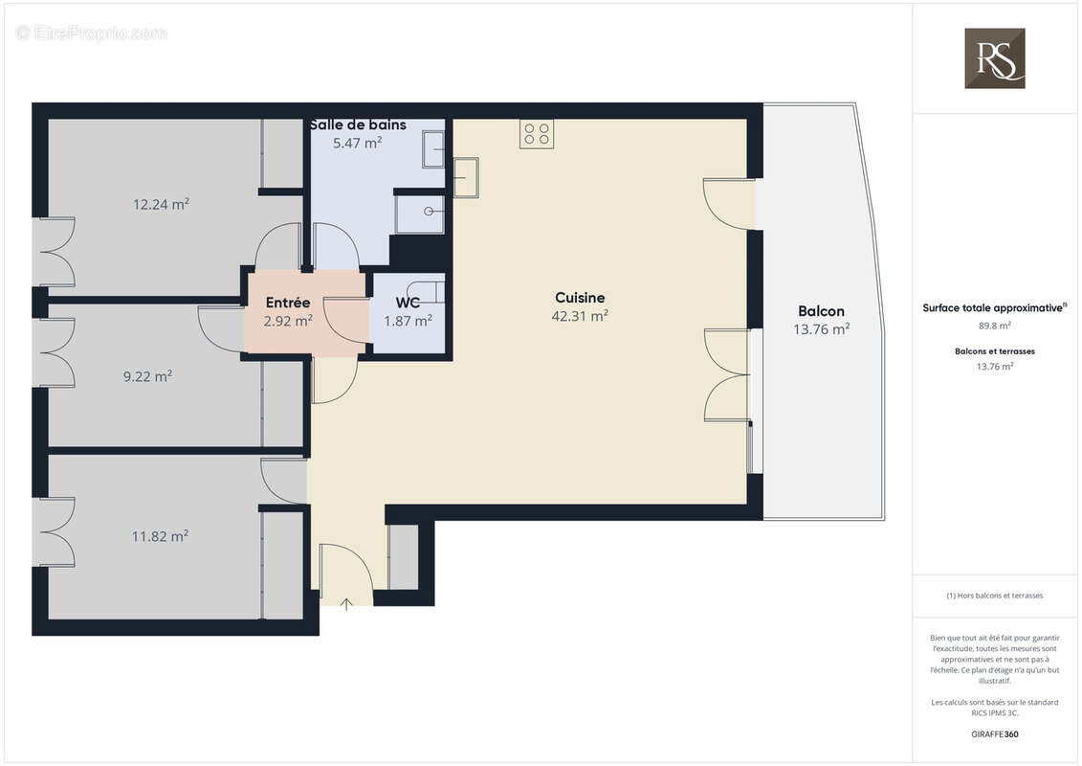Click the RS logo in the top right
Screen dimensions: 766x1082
pos(994,58)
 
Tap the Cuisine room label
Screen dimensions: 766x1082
pos(580,298)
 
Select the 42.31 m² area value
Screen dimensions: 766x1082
pos(580,316)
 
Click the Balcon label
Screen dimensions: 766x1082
pos(821,311)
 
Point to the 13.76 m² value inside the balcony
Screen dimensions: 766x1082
pos(821,329)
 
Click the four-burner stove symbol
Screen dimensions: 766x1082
pos(537,133)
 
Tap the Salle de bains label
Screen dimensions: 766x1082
pos(358,124)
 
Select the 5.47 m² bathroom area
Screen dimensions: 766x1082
pos(358,143)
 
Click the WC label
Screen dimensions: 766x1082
pos(408,303)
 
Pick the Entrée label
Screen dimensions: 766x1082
pos(288,303)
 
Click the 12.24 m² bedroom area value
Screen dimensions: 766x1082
pos(161,204)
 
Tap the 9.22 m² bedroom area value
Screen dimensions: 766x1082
pos(147,377)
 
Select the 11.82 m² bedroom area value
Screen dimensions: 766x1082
pos(160,536)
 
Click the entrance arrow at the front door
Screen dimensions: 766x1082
pos(346,603)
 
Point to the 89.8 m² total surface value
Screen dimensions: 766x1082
pos(994,326)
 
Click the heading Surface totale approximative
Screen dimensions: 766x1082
pos(993,308)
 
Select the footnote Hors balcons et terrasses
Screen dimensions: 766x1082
pos(994,596)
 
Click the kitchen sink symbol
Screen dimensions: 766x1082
pos(466,177)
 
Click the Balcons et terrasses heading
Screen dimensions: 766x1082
pos(994,351)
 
